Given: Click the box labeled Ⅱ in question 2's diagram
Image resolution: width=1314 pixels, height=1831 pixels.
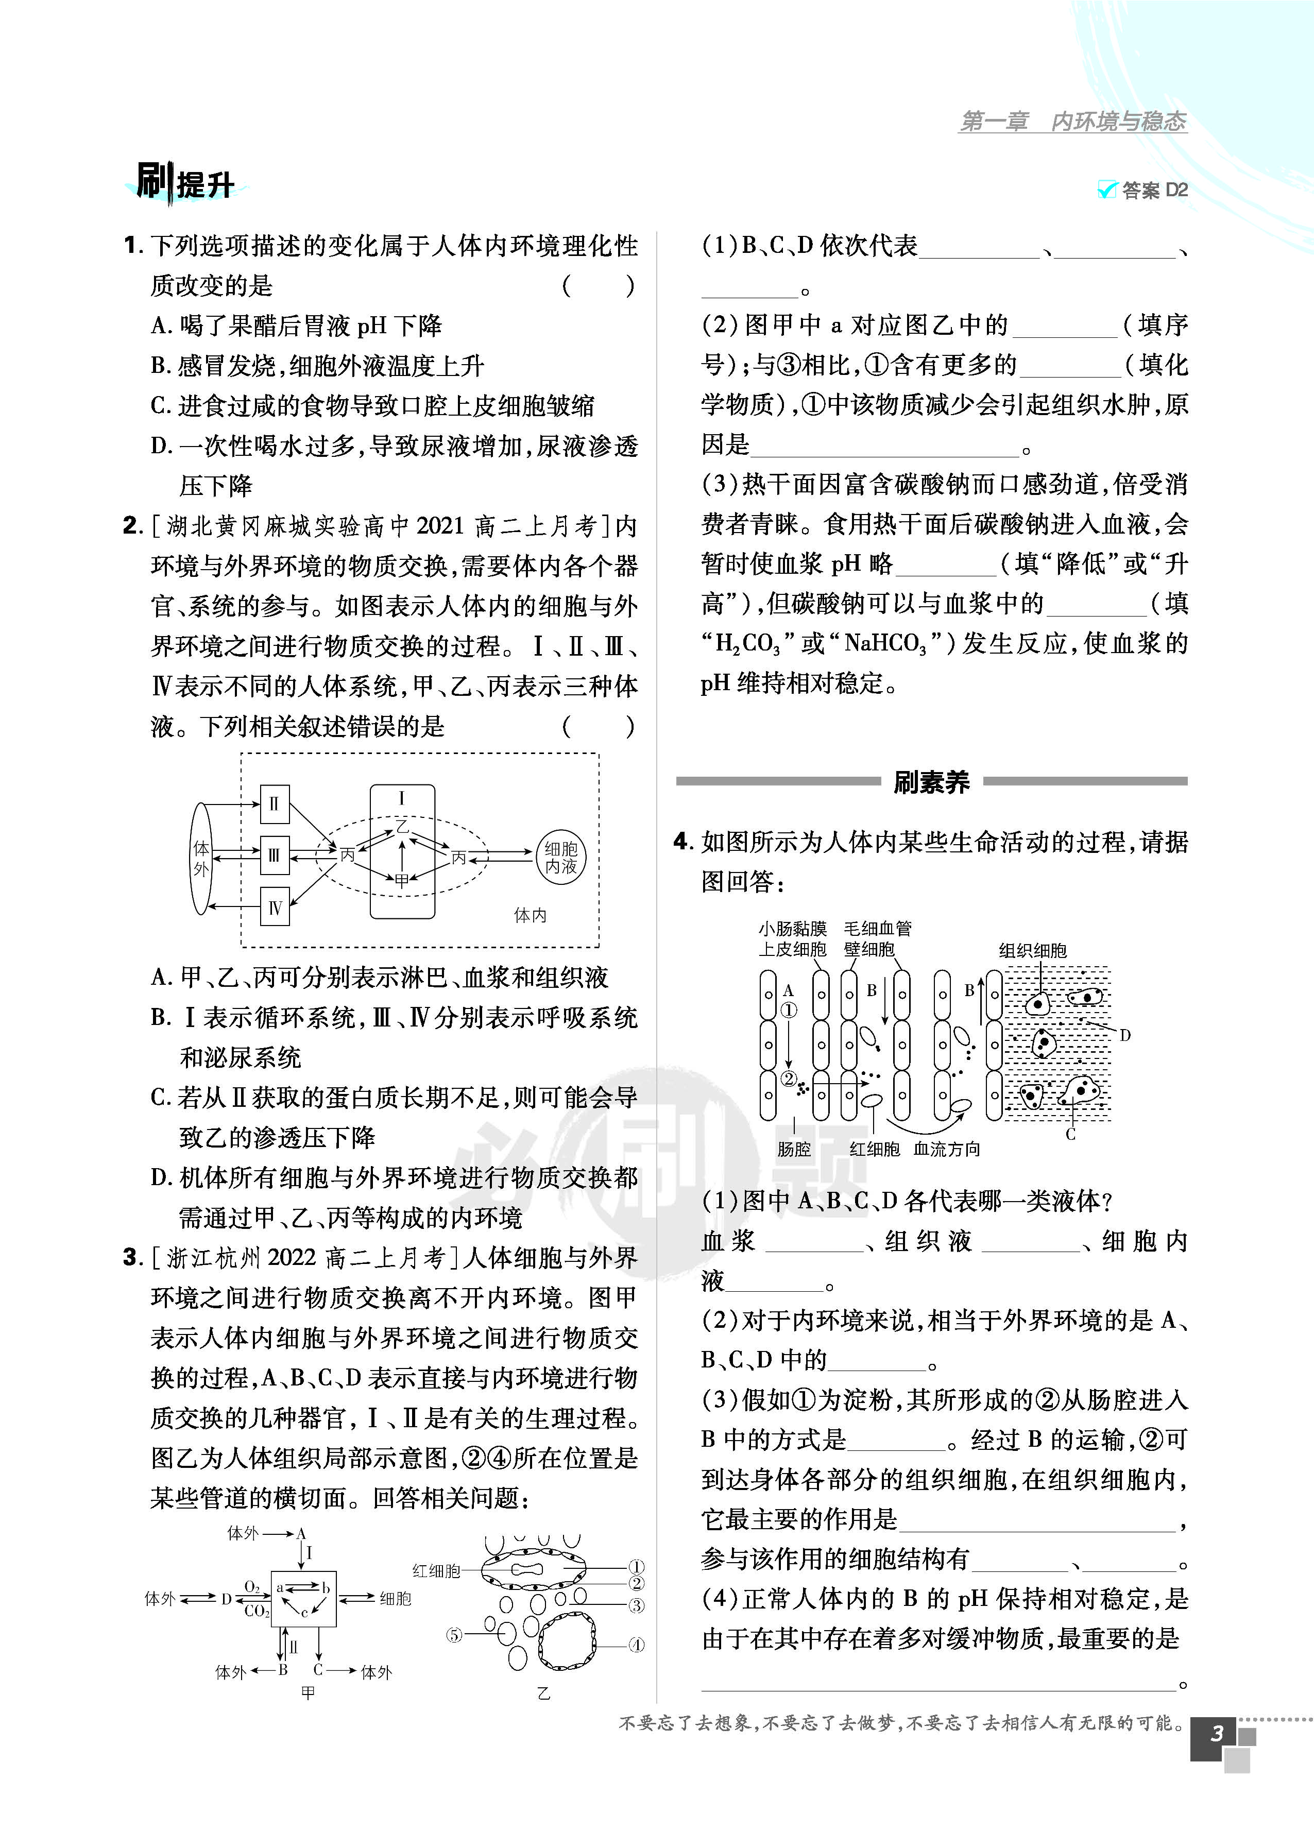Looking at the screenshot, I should pyautogui.click(x=275, y=804).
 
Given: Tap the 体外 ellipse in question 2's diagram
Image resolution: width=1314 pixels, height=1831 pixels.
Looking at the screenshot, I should pyautogui.click(x=201, y=858).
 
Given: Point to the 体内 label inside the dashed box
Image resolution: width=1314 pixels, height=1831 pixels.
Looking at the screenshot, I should pyautogui.click(x=531, y=915).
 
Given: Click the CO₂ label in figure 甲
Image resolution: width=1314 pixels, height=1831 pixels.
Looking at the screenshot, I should pyautogui.click(x=256, y=1611).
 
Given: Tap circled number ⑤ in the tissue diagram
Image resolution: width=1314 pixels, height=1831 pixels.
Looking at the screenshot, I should pyautogui.click(x=455, y=1635).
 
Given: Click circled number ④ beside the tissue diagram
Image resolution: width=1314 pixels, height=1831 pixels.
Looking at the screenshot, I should pyautogui.click(x=637, y=1645).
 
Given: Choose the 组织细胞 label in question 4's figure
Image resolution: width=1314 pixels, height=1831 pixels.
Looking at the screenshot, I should pyautogui.click(x=1032, y=950).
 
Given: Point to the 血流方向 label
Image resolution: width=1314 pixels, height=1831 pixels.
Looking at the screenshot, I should pyautogui.click(x=947, y=1149).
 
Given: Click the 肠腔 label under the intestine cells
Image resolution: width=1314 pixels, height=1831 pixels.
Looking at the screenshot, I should pyautogui.click(x=793, y=1149).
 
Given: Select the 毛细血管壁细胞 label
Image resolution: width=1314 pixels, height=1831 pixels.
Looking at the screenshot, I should pyautogui.click(x=877, y=938).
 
